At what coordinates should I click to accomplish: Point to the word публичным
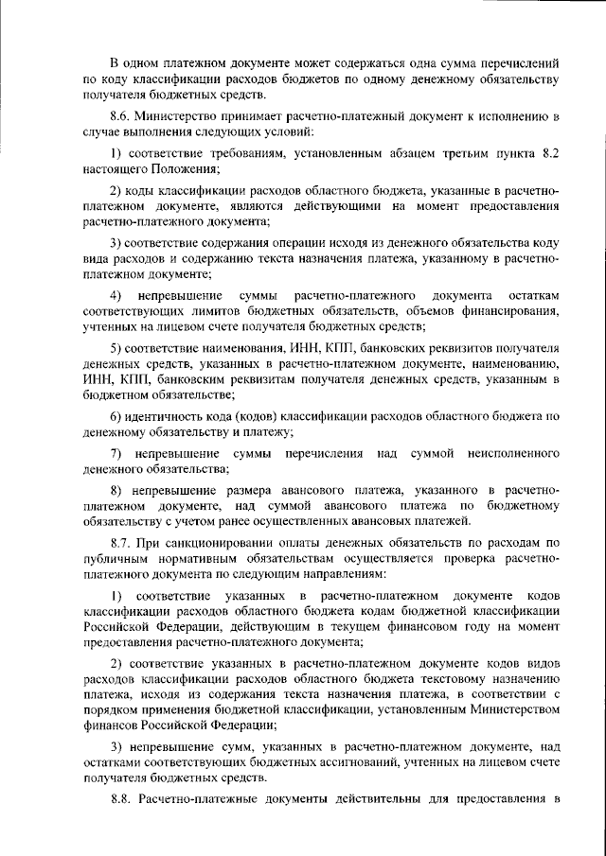116,559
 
